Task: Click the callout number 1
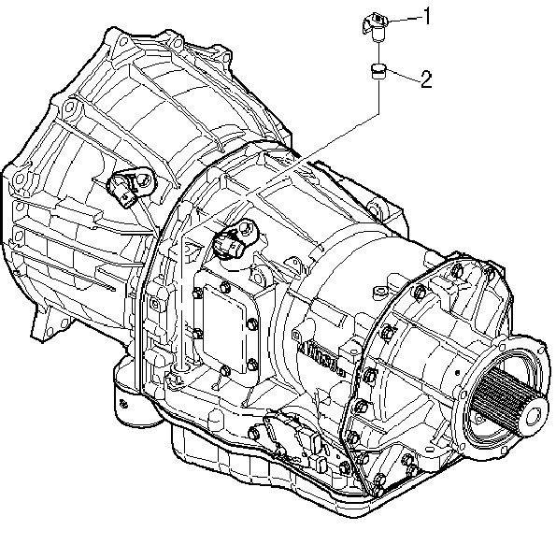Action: pos(426,16)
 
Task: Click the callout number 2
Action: pos(426,79)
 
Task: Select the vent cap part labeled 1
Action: pos(376,25)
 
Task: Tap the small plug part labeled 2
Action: pos(378,71)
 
